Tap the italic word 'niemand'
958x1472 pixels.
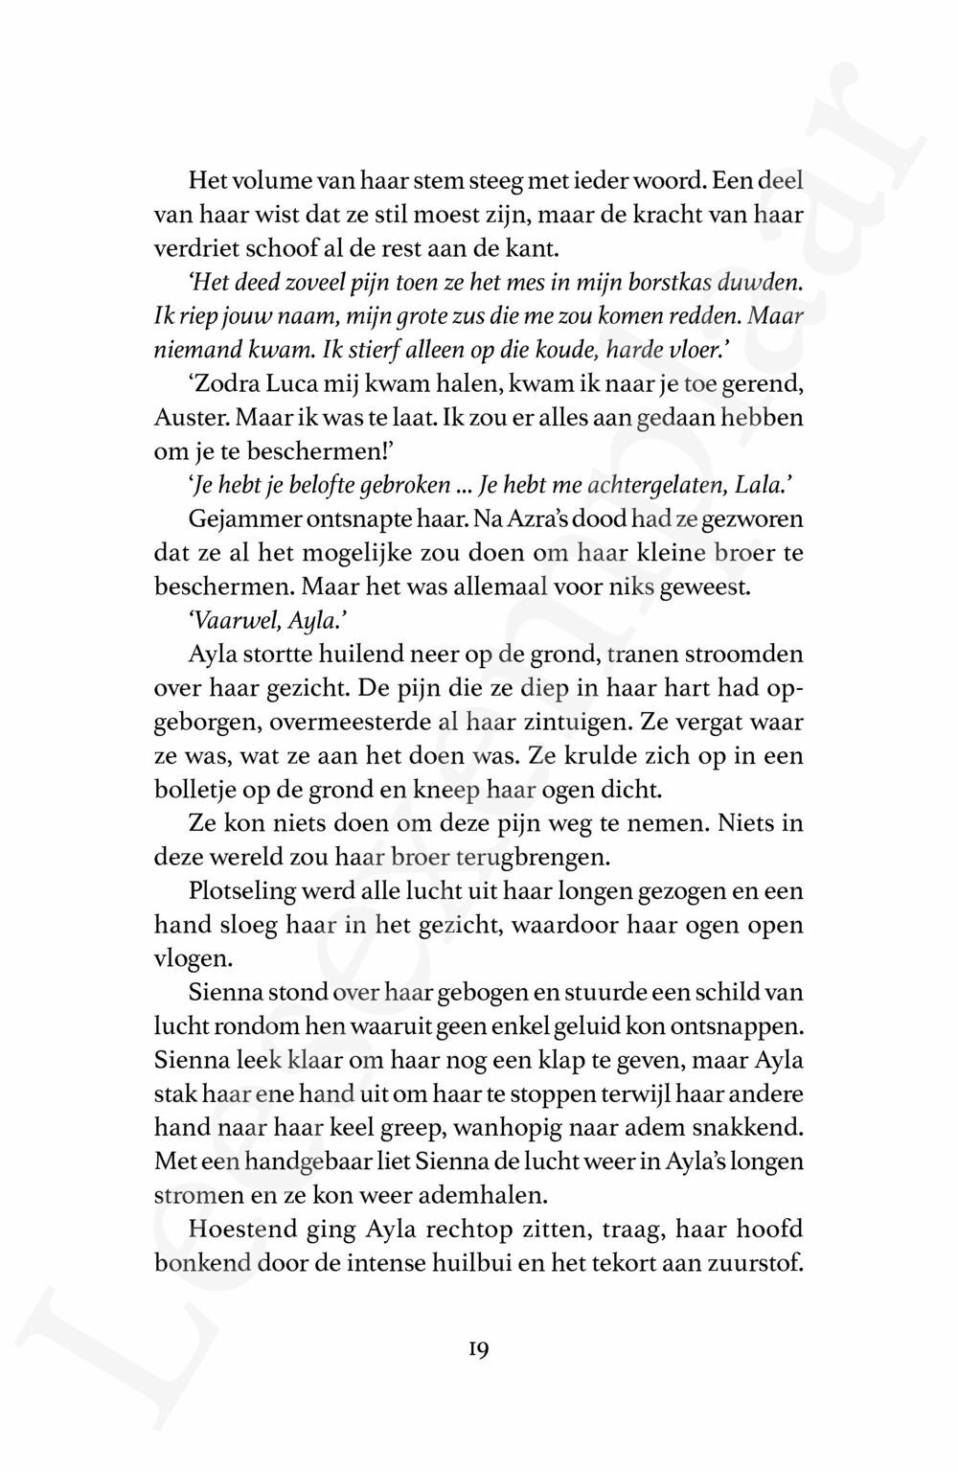[187, 352]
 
